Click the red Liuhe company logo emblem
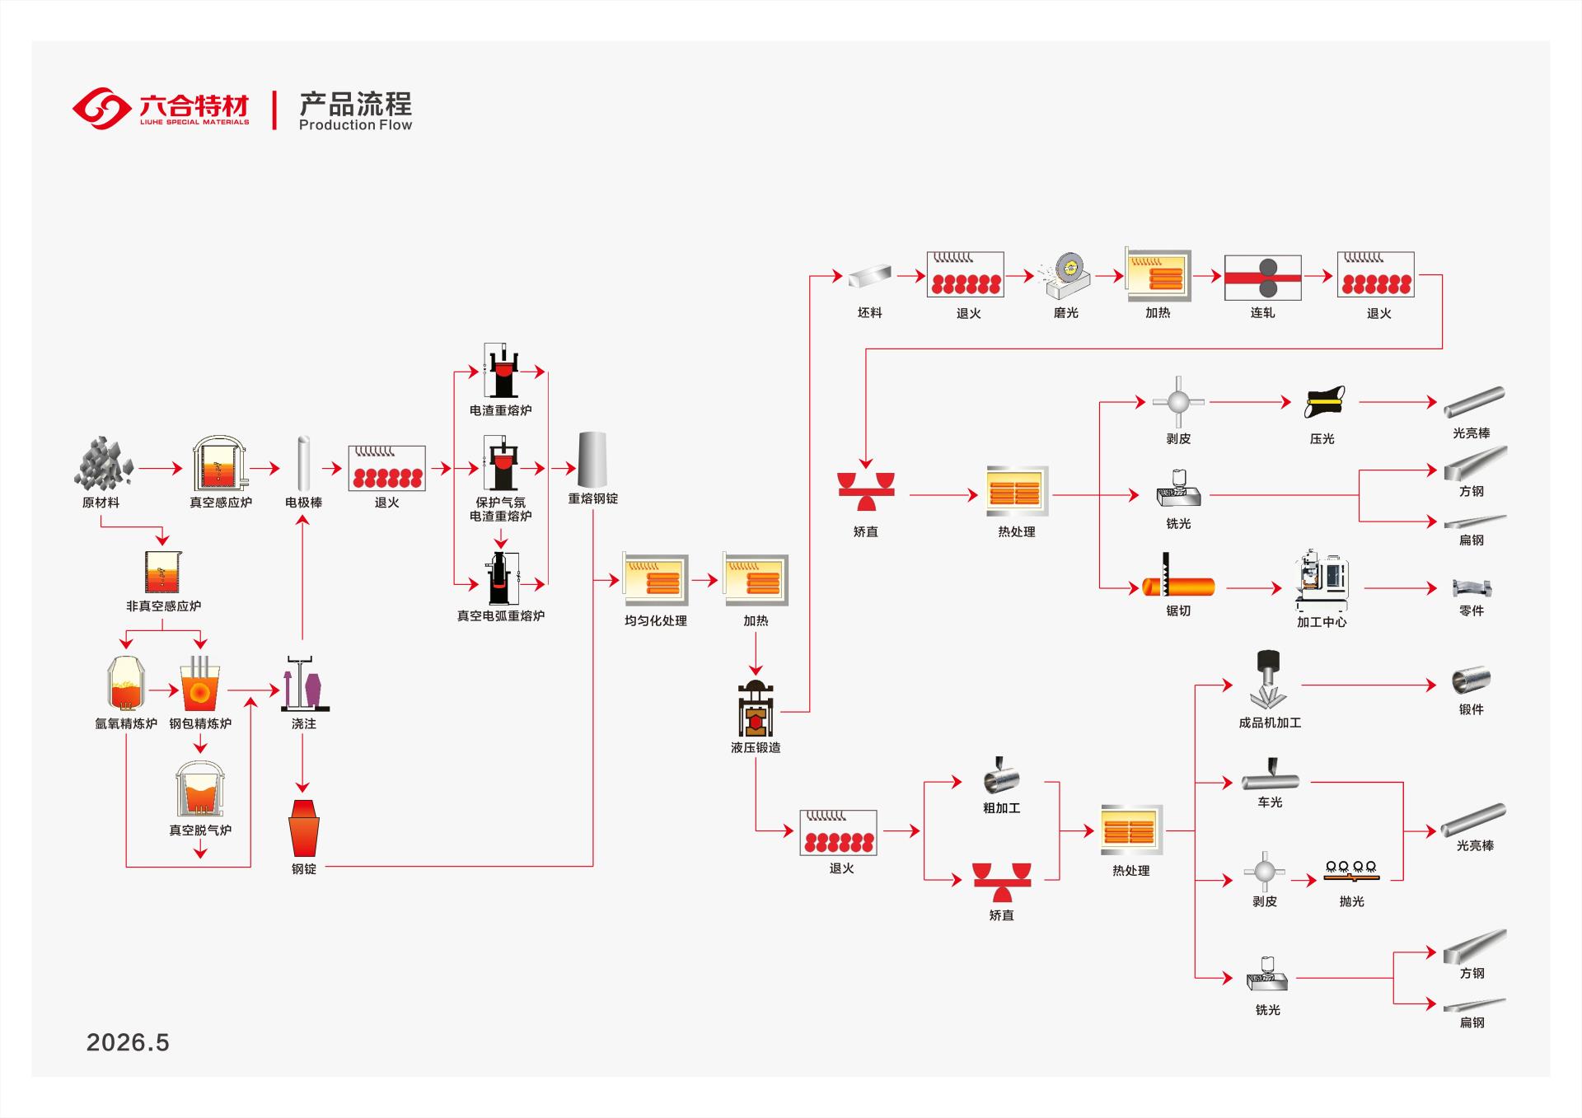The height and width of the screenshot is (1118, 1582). [x=101, y=108]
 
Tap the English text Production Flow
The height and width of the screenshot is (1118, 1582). [x=355, y=125]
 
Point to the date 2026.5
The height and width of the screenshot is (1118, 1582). [x=128, y=1042]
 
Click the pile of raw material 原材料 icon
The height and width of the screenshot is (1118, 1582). [x=103, y=463]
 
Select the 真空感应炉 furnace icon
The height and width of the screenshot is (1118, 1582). [x=220, y=463]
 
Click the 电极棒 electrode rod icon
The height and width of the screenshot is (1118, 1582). [x=303, y=463]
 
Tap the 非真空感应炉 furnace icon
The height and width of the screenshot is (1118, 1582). [x=162, y=572]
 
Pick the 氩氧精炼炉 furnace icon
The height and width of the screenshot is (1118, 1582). [x=125, y=683]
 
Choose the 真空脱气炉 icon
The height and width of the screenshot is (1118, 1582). [x=199, y=788]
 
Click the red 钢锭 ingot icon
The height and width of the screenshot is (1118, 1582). [x=303, y=827]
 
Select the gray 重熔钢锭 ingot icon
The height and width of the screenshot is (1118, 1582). [x=592, y=460]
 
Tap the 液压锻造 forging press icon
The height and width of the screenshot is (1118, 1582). [x=756, y=709]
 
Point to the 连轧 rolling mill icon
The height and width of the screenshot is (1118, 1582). [x=1262, y=278]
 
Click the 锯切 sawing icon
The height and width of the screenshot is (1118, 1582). [x=1178, y=577]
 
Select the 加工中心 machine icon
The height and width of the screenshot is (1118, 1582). [x=1322, y=580]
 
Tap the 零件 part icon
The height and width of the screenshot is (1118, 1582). [x=1472, y=588]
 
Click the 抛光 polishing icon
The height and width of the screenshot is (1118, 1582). [x=1351, y=872]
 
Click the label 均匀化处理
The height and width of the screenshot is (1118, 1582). [x=656, y=620]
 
